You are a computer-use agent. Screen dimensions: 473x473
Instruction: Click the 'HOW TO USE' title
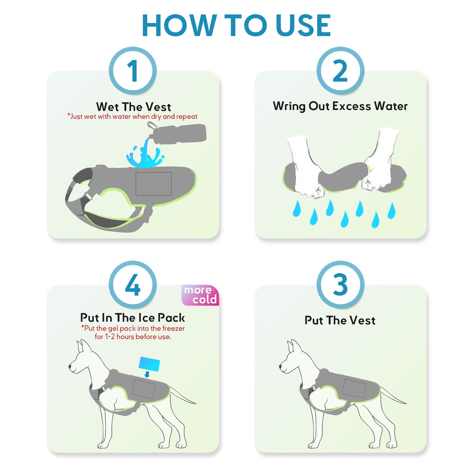[236, 25]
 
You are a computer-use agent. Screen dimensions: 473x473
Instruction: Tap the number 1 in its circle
[133, 71]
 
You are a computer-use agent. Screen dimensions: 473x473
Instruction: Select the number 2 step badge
[340, 71]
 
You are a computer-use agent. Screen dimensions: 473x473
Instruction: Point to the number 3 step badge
[340, 285]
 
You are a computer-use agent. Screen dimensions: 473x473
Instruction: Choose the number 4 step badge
[133, 285]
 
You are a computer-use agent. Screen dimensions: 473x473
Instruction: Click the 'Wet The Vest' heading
[134, 107]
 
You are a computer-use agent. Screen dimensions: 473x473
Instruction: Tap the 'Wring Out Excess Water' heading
[340, 106]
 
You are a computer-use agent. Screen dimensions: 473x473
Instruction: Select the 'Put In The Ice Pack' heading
[133, 318]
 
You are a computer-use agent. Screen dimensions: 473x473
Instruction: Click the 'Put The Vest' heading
[340, 320]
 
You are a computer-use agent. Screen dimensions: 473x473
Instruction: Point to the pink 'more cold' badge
[200, 295]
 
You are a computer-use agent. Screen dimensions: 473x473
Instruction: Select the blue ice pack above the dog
[149, 364]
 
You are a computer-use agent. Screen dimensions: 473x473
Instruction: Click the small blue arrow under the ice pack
[147, 374]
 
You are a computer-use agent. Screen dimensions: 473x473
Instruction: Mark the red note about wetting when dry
[133, 117]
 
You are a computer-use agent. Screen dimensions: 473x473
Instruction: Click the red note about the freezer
[133, 332]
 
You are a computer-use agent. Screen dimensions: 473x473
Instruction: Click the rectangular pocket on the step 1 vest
[154, 184]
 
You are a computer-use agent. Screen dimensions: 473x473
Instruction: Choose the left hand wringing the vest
[305, 167]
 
